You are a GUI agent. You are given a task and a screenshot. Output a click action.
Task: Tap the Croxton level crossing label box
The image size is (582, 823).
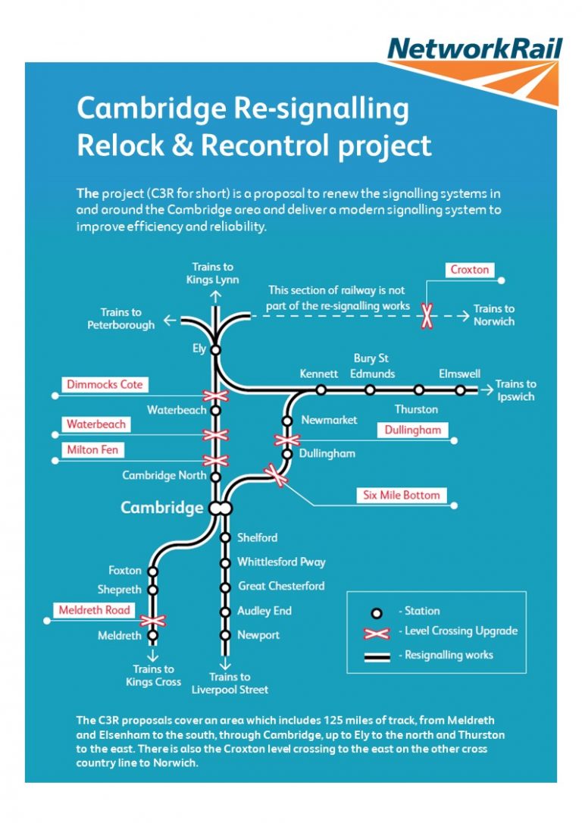click(470, 270)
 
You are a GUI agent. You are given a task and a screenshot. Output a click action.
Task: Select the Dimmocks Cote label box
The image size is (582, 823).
click(105, 384)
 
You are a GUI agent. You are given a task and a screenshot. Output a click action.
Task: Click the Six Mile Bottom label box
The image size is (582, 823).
click(401, 495)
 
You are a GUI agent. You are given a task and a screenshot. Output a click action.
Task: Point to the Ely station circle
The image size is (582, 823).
click(215, 350)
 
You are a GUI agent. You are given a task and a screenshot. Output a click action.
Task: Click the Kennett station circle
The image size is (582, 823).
click(321, 390)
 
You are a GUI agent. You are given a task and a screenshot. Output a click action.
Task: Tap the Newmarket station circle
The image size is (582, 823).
click(287, 421)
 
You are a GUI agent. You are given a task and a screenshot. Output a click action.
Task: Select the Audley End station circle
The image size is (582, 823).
click(225, 611)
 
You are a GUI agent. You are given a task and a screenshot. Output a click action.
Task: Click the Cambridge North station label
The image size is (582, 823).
click(164, 476)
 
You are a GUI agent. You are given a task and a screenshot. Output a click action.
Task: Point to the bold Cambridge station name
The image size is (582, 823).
click(162, 508)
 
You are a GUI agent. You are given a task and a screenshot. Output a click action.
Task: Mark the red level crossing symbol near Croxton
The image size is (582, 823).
click(427, 316)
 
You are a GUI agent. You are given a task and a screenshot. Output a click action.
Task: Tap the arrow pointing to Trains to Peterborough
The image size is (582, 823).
click(170, 321)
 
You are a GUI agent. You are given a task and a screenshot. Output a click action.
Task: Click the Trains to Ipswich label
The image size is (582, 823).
click(515, 390)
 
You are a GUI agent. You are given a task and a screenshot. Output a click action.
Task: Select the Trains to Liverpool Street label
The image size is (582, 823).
click(230, 683)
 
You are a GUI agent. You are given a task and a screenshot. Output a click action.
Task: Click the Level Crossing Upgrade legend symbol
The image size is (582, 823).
click(376, 632)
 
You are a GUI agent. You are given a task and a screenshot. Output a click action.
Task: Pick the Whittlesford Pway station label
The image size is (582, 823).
click(281, 562)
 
